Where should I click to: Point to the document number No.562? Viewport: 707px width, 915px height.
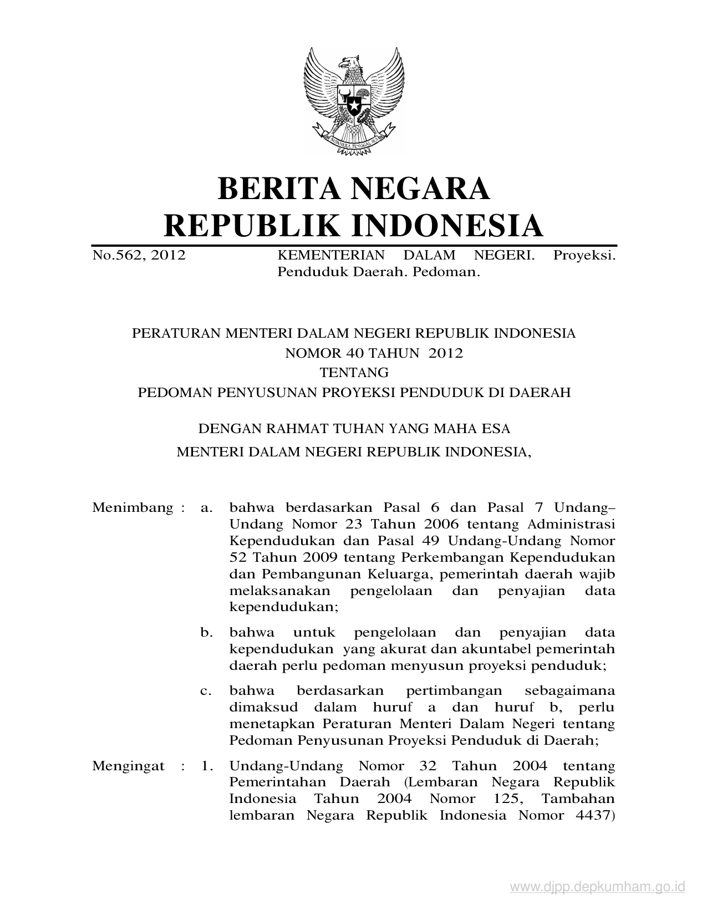click(x=118, y=255)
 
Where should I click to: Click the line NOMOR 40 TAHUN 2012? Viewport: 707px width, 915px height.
click(x=374, y=353)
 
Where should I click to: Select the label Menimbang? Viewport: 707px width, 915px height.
click(x=133, y=507)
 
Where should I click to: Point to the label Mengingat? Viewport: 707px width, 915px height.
click(x=128, y=766)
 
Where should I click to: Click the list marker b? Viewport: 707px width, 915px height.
click(x=207, y=632)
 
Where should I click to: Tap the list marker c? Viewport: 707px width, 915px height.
click(x=207, y=691)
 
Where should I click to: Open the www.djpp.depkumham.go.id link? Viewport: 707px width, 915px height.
click(x=598, y=888)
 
